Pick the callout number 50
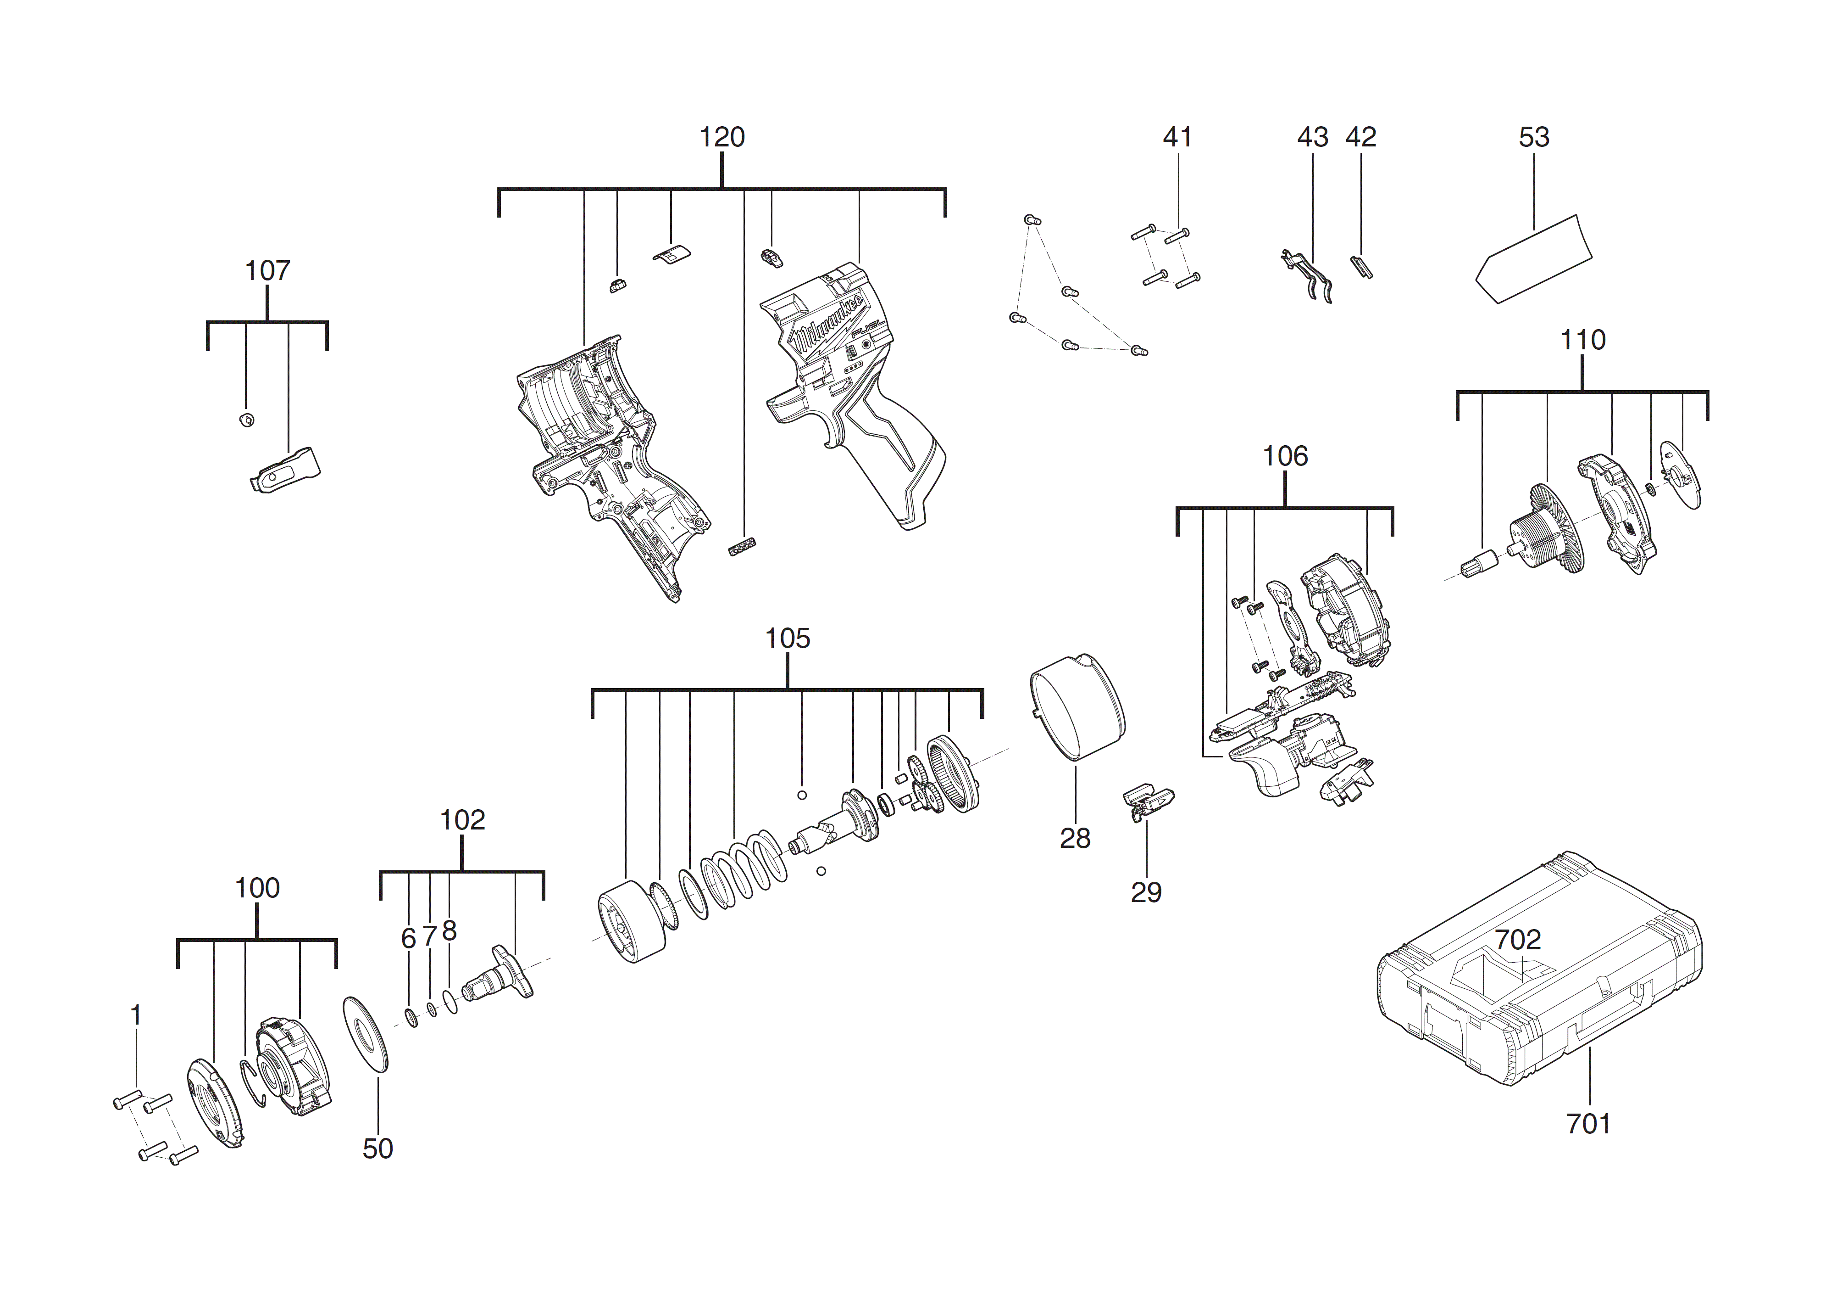click(x=377, y=1149)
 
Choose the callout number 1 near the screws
click(x=136, y=1015)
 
